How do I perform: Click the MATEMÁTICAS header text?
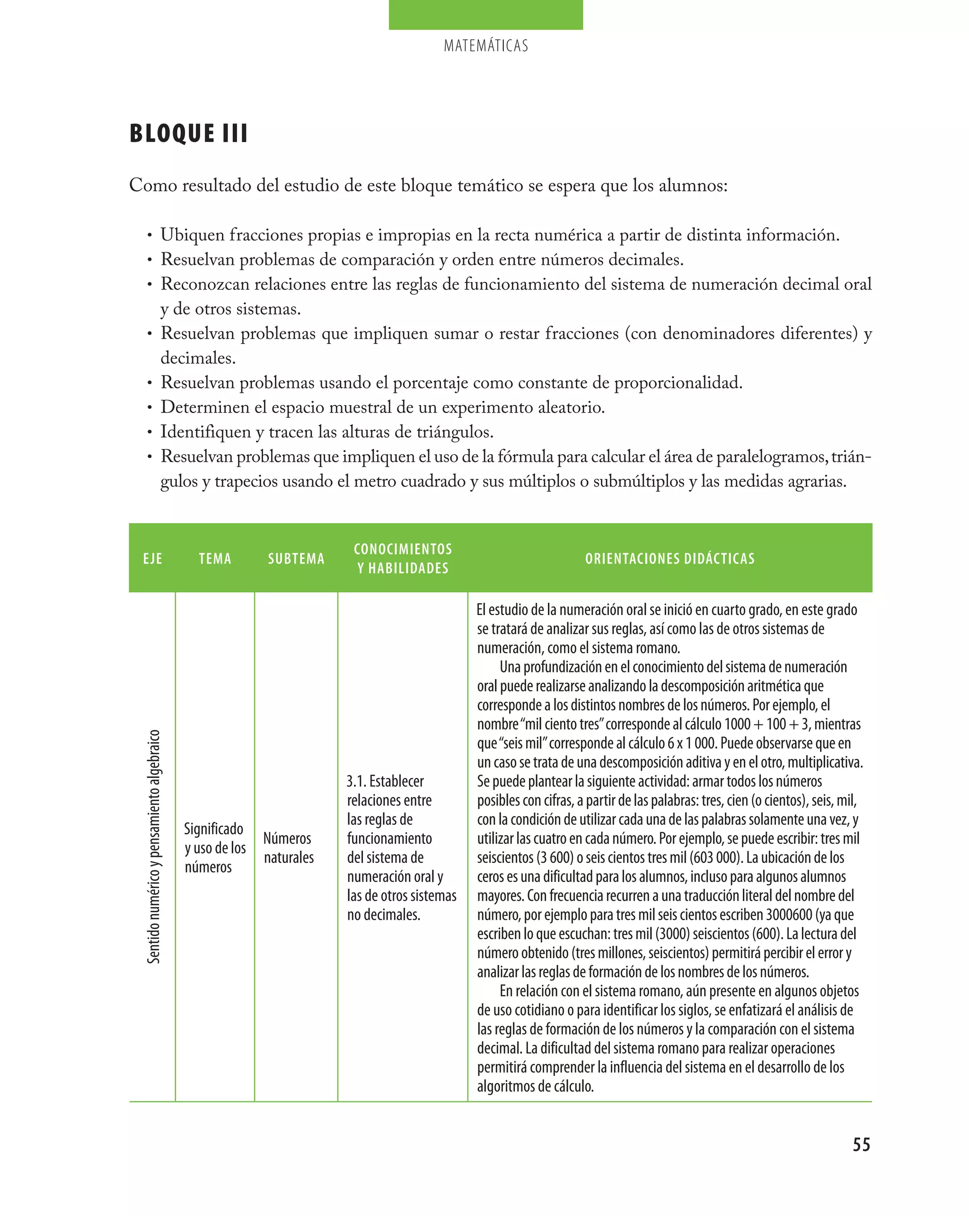[485, 46]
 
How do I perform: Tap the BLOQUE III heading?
[188, 134]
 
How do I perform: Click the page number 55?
[861, 1145]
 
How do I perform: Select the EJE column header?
[152, 558]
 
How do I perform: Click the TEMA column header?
[215, 558]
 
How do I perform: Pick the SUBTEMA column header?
[296, 558]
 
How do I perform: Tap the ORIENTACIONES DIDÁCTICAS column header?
[669, 558]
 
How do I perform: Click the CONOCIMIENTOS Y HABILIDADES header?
[403, 558]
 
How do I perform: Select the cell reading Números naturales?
[288, 848]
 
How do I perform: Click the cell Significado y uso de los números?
[214, 848]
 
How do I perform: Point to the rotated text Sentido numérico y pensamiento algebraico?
[153, 846]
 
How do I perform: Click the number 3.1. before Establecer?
[356, 781]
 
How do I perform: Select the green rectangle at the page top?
[485, 15]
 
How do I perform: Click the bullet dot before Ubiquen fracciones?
[150, 236]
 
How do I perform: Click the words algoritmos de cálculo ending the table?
[535, 1086]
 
